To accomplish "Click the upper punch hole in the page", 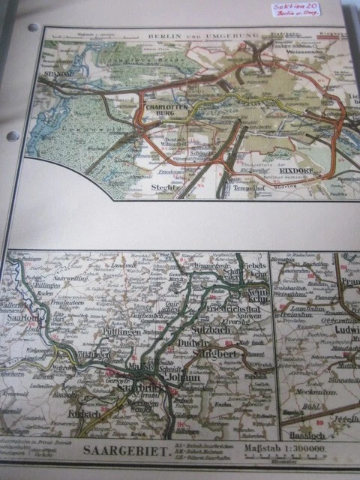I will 33,28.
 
